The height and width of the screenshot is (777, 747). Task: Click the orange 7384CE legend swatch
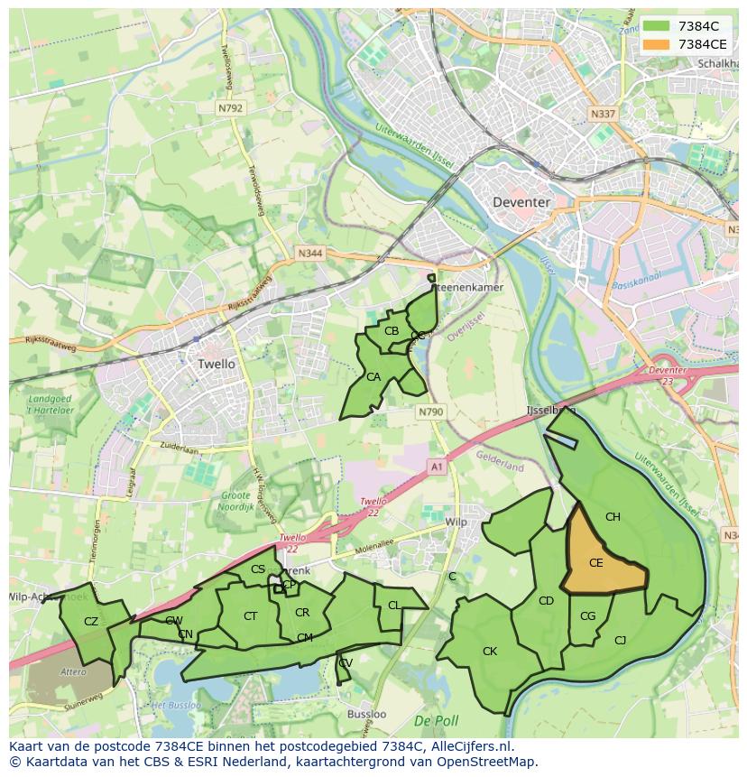(x=656, y=44)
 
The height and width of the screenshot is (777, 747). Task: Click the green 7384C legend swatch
(x=656, y=26)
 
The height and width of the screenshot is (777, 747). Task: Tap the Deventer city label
(x=521, y=202)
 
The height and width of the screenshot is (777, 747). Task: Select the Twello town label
(x=216, y=364)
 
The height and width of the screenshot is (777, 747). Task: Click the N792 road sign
(x=230, y=107)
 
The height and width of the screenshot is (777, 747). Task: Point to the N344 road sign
(x=309, y=254)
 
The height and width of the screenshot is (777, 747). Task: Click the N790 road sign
(x=431, y=412)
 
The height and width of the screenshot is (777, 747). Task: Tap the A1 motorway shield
(x=438, y=467)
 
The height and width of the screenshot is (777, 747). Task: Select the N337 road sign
(x=602, y=115)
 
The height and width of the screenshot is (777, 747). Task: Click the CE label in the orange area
(x=595, y=563)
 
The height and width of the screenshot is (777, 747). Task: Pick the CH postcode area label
(x=613, y=517)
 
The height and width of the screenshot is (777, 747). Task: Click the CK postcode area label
(x=489, y=651)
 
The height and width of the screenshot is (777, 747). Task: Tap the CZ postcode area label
(x=90, y=621)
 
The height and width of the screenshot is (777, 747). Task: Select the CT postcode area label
(x=251, y=615)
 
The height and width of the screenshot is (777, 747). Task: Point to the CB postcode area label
(x=391, y=331)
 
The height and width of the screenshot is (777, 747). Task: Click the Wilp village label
(x=456, y=523)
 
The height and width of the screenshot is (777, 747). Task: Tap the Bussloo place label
(x=366, y=714)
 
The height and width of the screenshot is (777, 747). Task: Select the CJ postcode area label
(x=620, y=640)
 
